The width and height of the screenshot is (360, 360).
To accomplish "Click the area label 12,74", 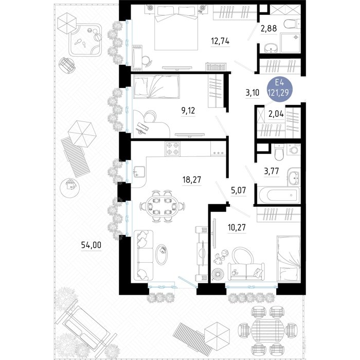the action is pyautogui.click(x=220, y=41).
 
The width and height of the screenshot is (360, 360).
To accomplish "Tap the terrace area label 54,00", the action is pyautogui.click(x=91, y=245).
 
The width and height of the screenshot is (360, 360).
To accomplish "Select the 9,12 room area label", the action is pyautogui.click(x=188, y=111).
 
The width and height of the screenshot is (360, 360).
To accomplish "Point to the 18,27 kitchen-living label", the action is pyautogui.click(x=192, y=179).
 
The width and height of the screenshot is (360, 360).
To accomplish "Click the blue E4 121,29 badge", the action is pyautogui.click(x=280, y=88).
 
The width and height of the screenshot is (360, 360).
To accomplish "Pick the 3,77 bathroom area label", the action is pyautogui.click(x=272, y=171).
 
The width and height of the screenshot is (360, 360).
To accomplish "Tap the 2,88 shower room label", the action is pyautogui.click(x=269, y=28).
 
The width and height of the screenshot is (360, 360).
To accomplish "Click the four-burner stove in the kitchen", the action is pyautogui.click(x=172, y=148).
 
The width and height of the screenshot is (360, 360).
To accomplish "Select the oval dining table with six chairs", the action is pyautogui.click(x=162, y=206).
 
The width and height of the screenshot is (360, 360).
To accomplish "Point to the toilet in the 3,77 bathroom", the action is pyautogui.click(x=279, y=152).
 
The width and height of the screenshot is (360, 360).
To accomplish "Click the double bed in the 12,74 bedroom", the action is pyautogui.click(x=176, y=27).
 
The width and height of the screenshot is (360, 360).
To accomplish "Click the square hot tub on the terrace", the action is pyautogui.click(x=85, y=40).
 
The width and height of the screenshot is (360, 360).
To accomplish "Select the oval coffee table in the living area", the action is pyautogui.click(x=161, y=255).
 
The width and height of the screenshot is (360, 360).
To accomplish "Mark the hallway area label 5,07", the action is pyautogui.click(x=239, y=190).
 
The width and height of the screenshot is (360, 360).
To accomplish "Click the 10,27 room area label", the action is pyautogui.click(x=237, y=227).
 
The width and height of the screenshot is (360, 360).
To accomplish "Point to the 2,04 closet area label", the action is pyautogui.click(x=276, y=114).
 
